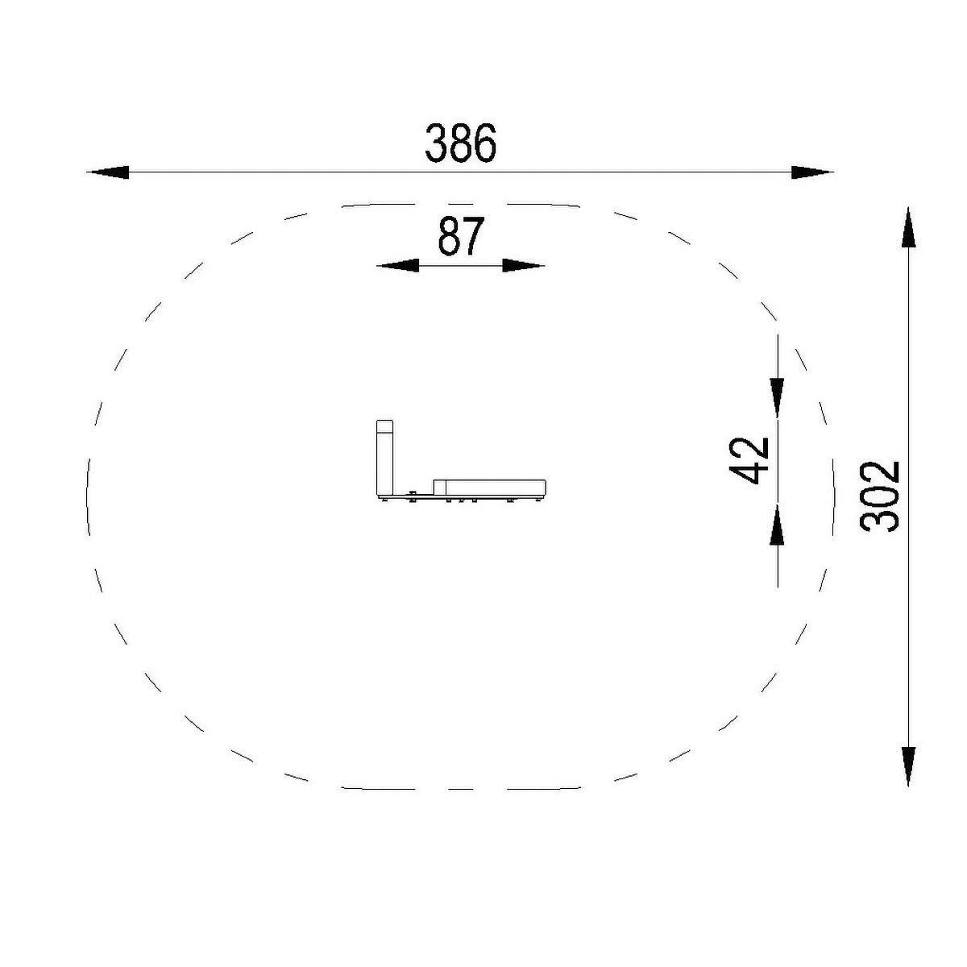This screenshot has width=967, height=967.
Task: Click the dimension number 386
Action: point(460,143)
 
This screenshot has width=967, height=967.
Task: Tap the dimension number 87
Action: point(460,237)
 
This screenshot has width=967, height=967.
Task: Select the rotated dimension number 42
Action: point(749,461)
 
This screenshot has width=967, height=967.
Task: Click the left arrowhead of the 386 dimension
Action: point(108,172)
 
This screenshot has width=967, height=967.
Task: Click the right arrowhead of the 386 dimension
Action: point(812,172)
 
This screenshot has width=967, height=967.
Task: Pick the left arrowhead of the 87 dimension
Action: point(397,265)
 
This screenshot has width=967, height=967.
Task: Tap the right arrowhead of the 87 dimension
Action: point(524,265)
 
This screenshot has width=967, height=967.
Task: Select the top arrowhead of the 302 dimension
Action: point(908,226)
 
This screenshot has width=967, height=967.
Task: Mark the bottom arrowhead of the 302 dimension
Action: point(908,766)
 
